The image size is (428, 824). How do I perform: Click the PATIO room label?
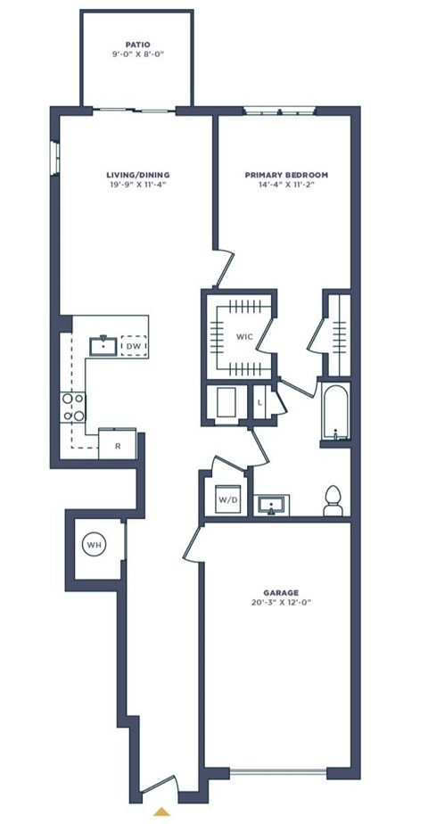coord(137,43)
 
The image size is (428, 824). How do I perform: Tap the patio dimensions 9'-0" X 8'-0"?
coord(137,54)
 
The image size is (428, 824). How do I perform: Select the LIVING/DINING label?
coord(137,175)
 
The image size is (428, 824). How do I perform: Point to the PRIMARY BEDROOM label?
coord(286,175)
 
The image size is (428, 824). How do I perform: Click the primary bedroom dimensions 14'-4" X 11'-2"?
coord(286,186)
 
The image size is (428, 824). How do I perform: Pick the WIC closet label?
coord(243,337)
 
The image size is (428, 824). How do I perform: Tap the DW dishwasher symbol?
coord(134,346)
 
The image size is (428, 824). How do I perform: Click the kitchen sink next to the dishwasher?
coord(104,345)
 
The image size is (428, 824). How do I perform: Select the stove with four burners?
coord(72,408)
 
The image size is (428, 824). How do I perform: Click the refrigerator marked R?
coord(116,441)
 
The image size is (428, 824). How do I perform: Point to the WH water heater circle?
coord(95,544)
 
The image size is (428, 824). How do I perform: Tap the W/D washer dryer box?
coord(227,500)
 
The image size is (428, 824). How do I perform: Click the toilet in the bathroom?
coord(333,502)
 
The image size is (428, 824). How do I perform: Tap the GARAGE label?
coord(282,592)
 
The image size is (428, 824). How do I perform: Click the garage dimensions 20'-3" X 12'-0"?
coord(282,604)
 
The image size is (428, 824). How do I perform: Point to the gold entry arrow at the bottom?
coord(161,812)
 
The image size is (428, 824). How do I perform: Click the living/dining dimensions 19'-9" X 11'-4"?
coord(137,186)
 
